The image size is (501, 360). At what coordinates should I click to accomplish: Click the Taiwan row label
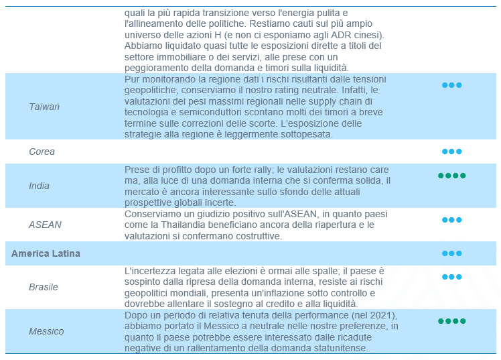click(44, 107)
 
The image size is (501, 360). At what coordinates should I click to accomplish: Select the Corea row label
click(42, 152)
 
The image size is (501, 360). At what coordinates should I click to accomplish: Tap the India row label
click(39, 186)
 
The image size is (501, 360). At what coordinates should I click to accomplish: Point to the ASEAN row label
click(45, 225)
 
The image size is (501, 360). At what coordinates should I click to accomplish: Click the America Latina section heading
click(46, 253)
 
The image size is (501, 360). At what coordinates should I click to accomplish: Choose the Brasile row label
click(44, 287)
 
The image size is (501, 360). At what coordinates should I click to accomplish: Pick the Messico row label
click(46, 331)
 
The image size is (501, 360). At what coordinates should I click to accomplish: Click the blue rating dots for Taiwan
click(451, 85)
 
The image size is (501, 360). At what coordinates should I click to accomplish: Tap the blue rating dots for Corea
click(451, 152)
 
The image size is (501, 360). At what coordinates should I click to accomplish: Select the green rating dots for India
click(451, 176)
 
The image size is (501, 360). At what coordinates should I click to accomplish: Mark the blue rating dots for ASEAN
click(451, 219)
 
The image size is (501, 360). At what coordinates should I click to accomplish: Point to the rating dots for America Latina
click(451, 253)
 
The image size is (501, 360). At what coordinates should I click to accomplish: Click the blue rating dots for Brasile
click(451, 276)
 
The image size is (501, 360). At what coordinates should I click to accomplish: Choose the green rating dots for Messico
click(451, 321)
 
